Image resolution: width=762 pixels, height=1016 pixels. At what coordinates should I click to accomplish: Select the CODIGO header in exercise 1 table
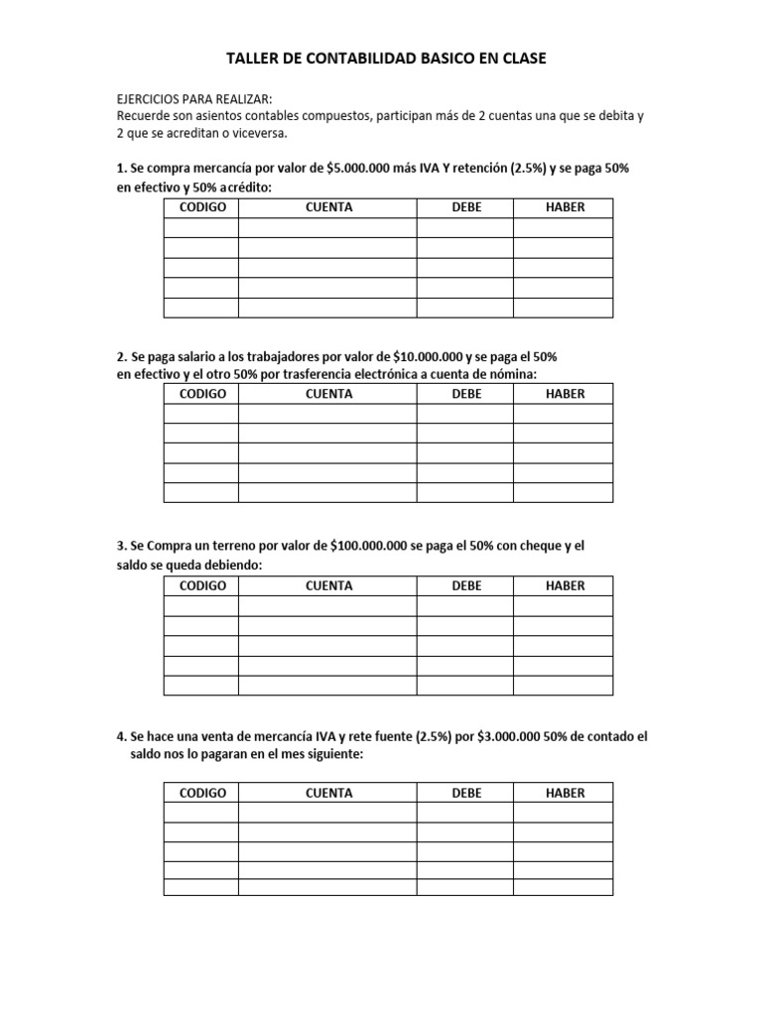202,207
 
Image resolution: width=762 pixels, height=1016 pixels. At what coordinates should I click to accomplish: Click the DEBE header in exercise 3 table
465,585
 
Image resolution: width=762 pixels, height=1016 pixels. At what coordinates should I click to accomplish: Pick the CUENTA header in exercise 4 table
328,793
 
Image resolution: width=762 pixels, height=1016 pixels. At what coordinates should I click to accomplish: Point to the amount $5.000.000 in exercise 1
362,169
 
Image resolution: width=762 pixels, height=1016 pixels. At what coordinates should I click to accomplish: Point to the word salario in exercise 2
194,355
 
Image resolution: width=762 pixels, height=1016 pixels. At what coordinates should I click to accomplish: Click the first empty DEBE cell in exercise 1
464,228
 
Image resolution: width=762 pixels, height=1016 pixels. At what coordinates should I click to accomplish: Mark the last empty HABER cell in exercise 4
563,887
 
